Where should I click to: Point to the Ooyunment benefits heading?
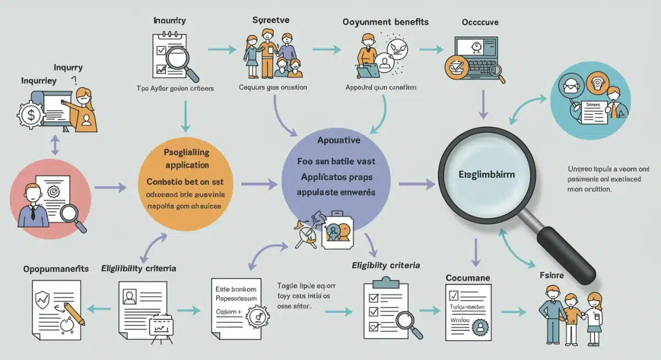coord(386,21)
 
